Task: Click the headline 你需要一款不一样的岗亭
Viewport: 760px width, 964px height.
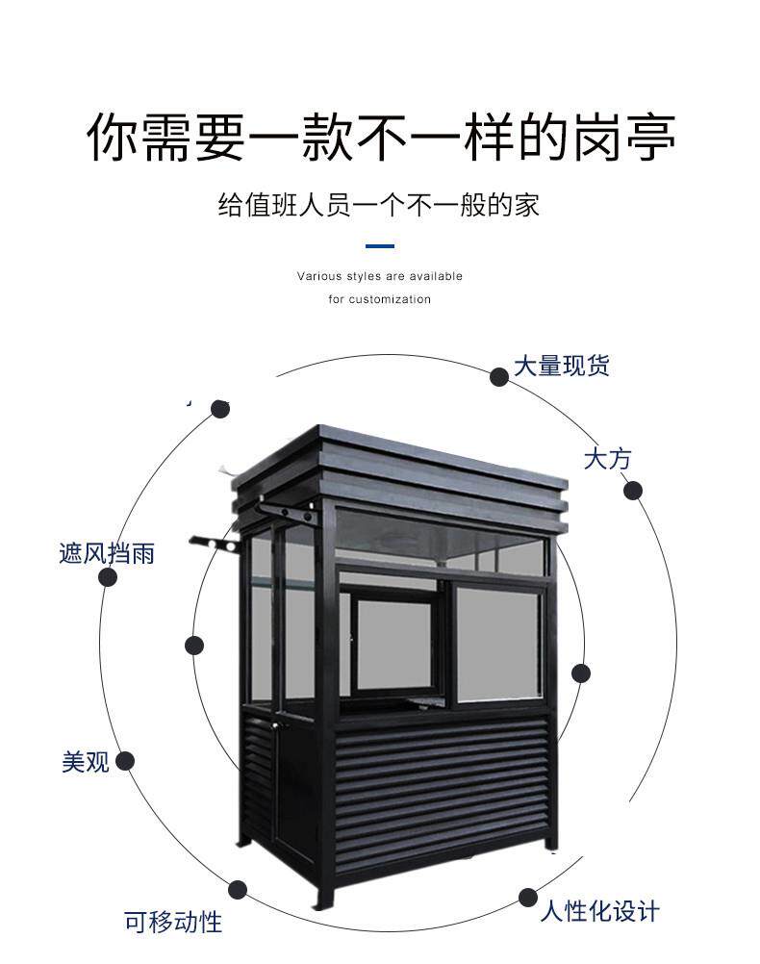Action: pos(380,138)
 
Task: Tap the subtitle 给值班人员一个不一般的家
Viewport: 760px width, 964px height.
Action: pos(379,204)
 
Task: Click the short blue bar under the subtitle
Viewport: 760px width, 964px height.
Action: pos(380,246)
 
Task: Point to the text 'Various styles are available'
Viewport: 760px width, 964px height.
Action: pos(379,276)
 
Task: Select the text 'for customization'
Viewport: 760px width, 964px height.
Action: pos(379,299)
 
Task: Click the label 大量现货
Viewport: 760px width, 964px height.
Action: pos(561,366)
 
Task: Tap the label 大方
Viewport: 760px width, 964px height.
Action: pos(608,458)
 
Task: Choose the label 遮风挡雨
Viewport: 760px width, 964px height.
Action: pos(107,553)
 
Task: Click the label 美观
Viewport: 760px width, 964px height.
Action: pos(86,762)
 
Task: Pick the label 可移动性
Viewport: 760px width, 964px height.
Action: pos(173,923)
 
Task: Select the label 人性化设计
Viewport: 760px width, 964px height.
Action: pos(600,910)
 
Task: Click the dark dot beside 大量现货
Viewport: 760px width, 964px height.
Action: pos(499,376)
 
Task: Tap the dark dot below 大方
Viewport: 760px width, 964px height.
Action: pos(632,491)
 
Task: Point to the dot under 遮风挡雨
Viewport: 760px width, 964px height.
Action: pos(108,577)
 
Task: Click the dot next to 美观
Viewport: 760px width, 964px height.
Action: pos(124,762)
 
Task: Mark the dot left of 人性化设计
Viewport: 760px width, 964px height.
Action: pos(528,898)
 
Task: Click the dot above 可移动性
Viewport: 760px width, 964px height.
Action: pos(238,890)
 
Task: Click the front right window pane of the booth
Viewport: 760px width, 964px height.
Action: pos(497,644)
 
